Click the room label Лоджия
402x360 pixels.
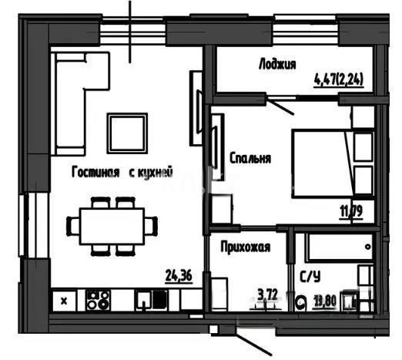[x=276, y=65]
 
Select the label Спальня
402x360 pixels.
[x=250, y=159]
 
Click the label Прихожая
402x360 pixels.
[x=244, y=247]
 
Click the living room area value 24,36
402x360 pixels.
[x=179, y=273]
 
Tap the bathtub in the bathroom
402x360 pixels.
[x=336, y=249]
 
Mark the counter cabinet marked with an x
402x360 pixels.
[x=65, y=299]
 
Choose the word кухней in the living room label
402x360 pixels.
[x=152, y=173]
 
